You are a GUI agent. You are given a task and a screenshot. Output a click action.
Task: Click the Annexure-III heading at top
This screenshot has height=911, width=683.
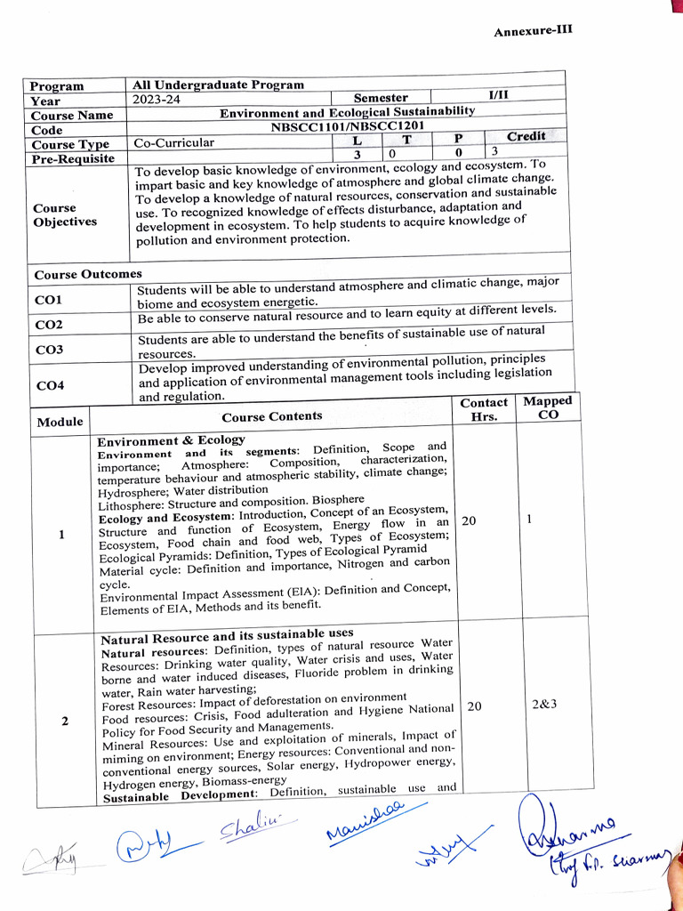coord(533,30)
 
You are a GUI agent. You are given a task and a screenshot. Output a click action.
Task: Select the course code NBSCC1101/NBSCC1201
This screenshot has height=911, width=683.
coord(347,126)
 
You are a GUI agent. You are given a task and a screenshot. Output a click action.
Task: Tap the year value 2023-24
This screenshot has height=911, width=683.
coord(156,100)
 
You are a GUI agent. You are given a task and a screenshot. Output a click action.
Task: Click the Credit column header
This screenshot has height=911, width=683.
coord(526,136)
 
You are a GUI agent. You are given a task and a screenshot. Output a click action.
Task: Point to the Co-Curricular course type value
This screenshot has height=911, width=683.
coord(173,142)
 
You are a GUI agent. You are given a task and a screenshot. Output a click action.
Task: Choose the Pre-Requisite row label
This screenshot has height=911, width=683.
coord(73,158)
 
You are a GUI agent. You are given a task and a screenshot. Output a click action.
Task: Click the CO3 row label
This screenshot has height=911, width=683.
coord(49,350)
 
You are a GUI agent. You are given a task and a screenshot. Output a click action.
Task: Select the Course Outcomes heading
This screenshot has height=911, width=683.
coord(87,274)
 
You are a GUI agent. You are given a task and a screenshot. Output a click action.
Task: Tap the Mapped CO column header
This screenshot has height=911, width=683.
coord(548,407)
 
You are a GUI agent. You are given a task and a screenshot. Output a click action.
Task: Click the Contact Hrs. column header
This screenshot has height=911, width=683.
coord(484,409)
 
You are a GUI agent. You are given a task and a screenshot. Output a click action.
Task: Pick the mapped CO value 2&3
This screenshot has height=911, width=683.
coord(544,705)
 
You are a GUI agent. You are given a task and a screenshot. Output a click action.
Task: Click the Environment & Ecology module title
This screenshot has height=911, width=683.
coord(171,440)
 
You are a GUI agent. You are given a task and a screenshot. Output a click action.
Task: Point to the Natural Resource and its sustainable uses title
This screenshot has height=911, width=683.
coord(227,635)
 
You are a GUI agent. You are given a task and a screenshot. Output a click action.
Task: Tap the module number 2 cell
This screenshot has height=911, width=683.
coord(65,721)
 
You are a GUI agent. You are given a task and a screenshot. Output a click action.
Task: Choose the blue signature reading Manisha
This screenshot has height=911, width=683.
coord(365,819)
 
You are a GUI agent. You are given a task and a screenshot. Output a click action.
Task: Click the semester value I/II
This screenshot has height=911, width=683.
coord(498,94)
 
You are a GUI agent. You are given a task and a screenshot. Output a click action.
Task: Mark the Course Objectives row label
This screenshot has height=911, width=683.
coord(65,214)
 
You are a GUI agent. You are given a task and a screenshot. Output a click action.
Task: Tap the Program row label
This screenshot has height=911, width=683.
coord(57,86)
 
